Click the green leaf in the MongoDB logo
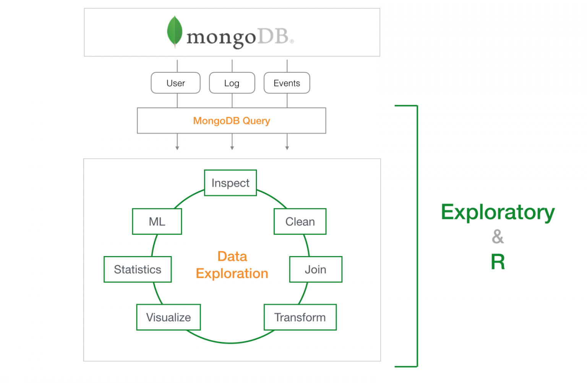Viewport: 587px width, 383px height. click(x=175, y=31)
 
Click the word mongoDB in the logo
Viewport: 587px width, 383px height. click(x=237, y=37)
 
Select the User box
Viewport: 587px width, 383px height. click(x=176, y=83)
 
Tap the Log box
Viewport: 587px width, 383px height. click(x=232, y=83)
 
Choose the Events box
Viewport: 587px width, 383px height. click(x=287, y=83)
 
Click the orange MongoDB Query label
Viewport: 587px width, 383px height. click(x=232, y=121)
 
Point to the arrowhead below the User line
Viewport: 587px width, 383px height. click(x=177, y=148)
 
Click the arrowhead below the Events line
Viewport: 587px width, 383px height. click(x=287, y=148)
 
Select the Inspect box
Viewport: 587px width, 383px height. click(x=230, y=183)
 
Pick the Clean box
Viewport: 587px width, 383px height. click(x=300, y=222)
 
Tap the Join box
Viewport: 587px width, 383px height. click(x=316, y=269)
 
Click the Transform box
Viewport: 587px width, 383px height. click(x=300, y=317)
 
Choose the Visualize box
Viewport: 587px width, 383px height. click(x=169, y=317)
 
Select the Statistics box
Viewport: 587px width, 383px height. click(x=138, y=269)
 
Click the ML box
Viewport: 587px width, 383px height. click(x=157, y=222)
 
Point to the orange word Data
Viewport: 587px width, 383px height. click(x=232, y=256)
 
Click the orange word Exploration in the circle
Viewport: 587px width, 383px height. click(x=232, y=274)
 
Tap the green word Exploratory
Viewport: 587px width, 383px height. click(x=498, y=213)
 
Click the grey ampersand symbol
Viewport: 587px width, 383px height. click(x=498, y=237)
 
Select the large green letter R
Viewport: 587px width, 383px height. click(x=498, y=262)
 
